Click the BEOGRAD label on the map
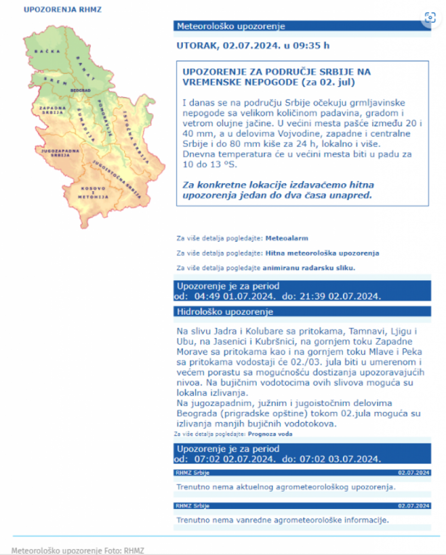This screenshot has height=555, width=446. click(80, 91)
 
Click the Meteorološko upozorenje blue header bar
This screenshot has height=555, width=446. click(301, 26)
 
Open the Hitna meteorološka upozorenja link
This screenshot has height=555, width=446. click(322, 253)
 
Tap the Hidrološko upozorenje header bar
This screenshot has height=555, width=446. click(301, 311)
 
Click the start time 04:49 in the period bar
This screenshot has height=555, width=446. click(207, 296)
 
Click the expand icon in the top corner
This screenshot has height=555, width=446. click(430, 17)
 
